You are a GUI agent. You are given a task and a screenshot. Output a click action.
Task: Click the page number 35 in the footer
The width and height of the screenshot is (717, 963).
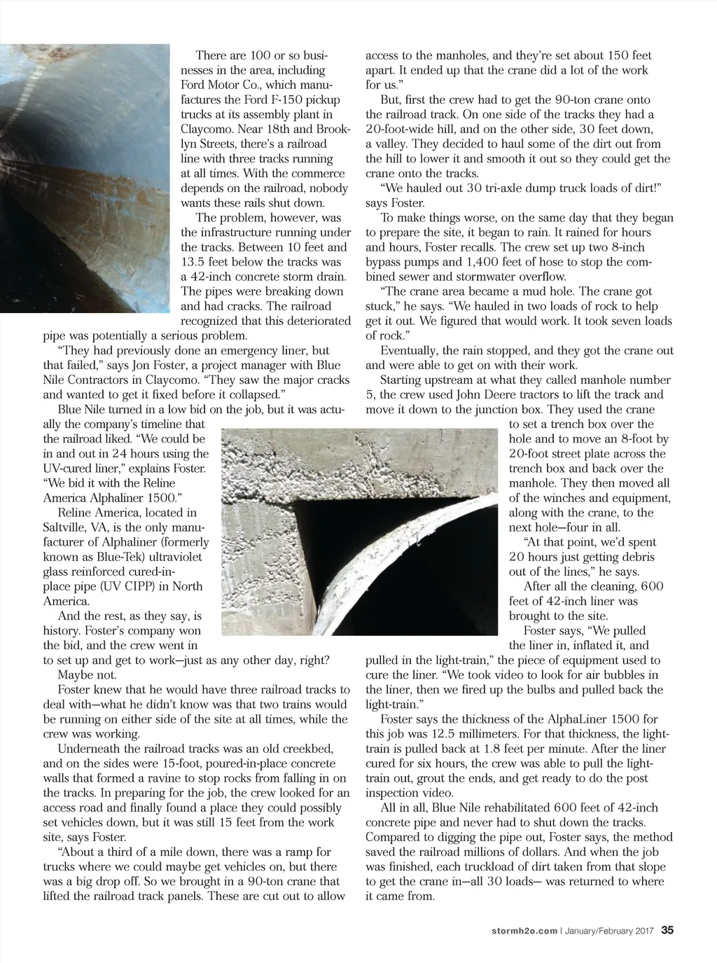point(667,931)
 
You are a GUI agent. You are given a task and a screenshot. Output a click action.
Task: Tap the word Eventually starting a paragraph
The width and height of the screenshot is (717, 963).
point(408,350)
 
